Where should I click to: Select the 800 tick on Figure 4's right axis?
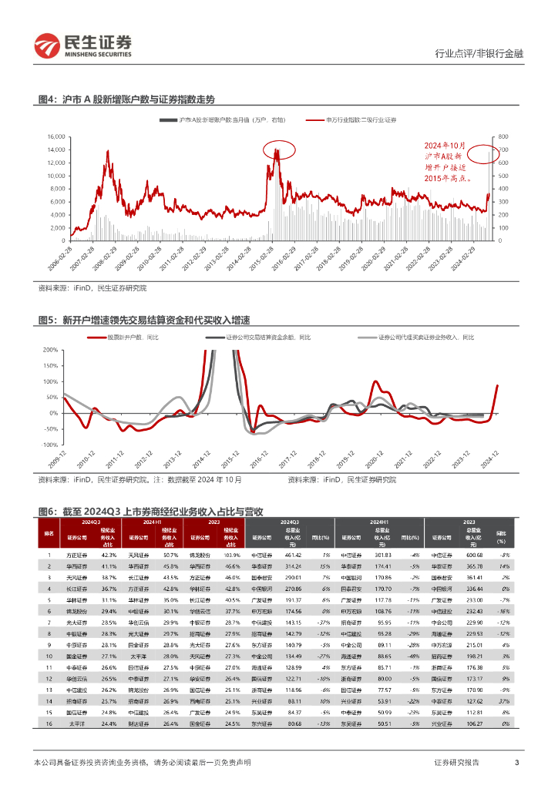(505, 137)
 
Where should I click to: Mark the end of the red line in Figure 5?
(497, 385)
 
